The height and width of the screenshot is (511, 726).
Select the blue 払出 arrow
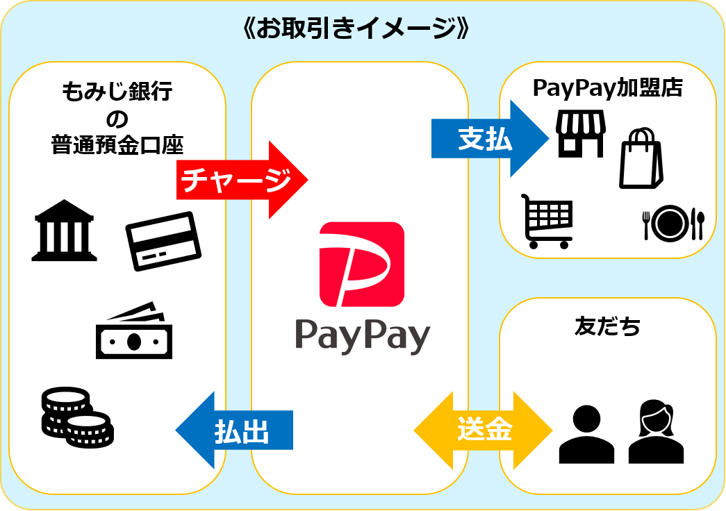pos(236,430)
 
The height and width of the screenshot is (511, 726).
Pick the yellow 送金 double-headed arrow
pos(484,430)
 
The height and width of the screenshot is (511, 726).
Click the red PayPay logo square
pos(361,264)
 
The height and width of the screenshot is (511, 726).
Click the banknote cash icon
pos(134,331)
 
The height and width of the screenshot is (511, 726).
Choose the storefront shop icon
pos(580,134)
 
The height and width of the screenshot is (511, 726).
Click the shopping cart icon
pos(547,221)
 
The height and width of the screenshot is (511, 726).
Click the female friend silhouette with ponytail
pos(656,432)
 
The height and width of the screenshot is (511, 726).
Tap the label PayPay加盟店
pos(608,88)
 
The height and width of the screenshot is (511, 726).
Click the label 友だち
pos(607,326)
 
